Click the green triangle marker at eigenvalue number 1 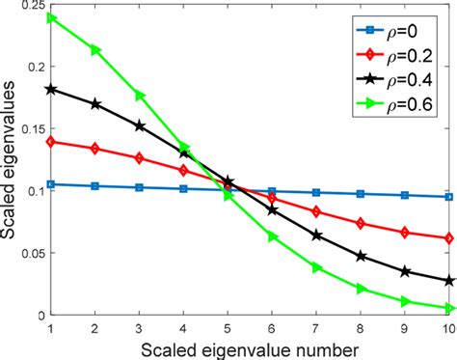[51, 17]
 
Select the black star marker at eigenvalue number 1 [51, 89]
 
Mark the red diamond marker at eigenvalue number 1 [51, 141]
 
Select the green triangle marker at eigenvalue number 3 [140, 95]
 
